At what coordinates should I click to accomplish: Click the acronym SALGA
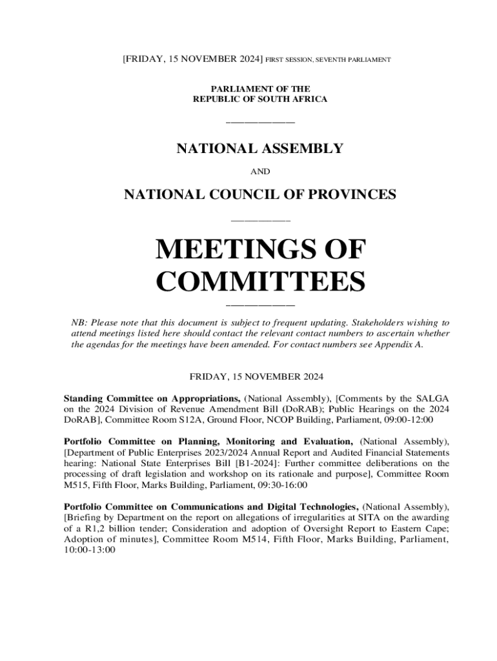(431, 397)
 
